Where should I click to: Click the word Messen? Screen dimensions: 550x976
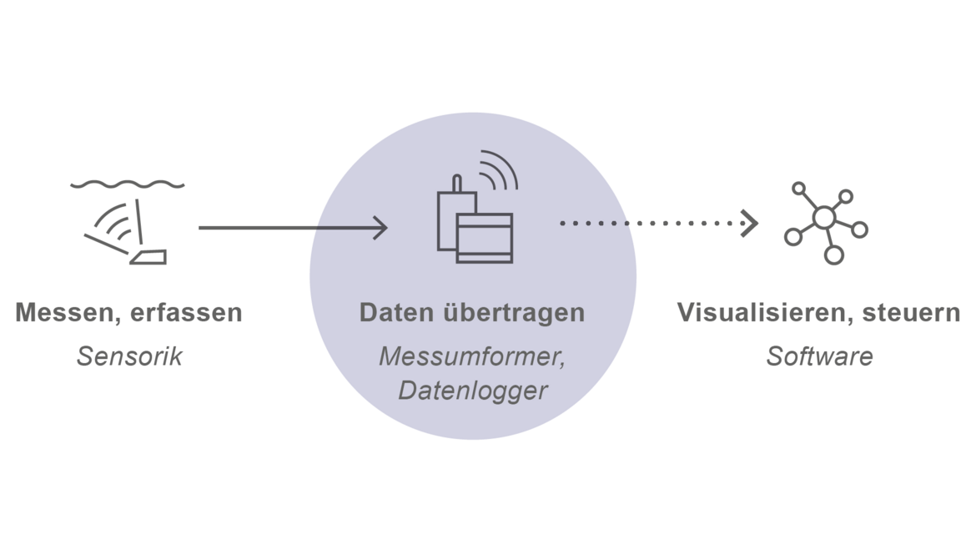(x=61, y=314)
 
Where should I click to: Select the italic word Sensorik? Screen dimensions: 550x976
(x=129, y=357)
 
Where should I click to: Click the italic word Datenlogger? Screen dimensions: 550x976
(x=472, y=390)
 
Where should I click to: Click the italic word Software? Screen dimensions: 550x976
(x=819, y=357)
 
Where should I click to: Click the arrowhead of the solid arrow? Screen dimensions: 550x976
(x=381, y=227)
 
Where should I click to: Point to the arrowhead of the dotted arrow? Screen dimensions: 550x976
(x=750, y=223)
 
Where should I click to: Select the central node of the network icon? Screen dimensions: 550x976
(x=824, y=218)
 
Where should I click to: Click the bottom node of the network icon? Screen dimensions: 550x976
(x=833, y=255)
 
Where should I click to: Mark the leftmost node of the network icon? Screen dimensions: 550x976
(x=792, y=237)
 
